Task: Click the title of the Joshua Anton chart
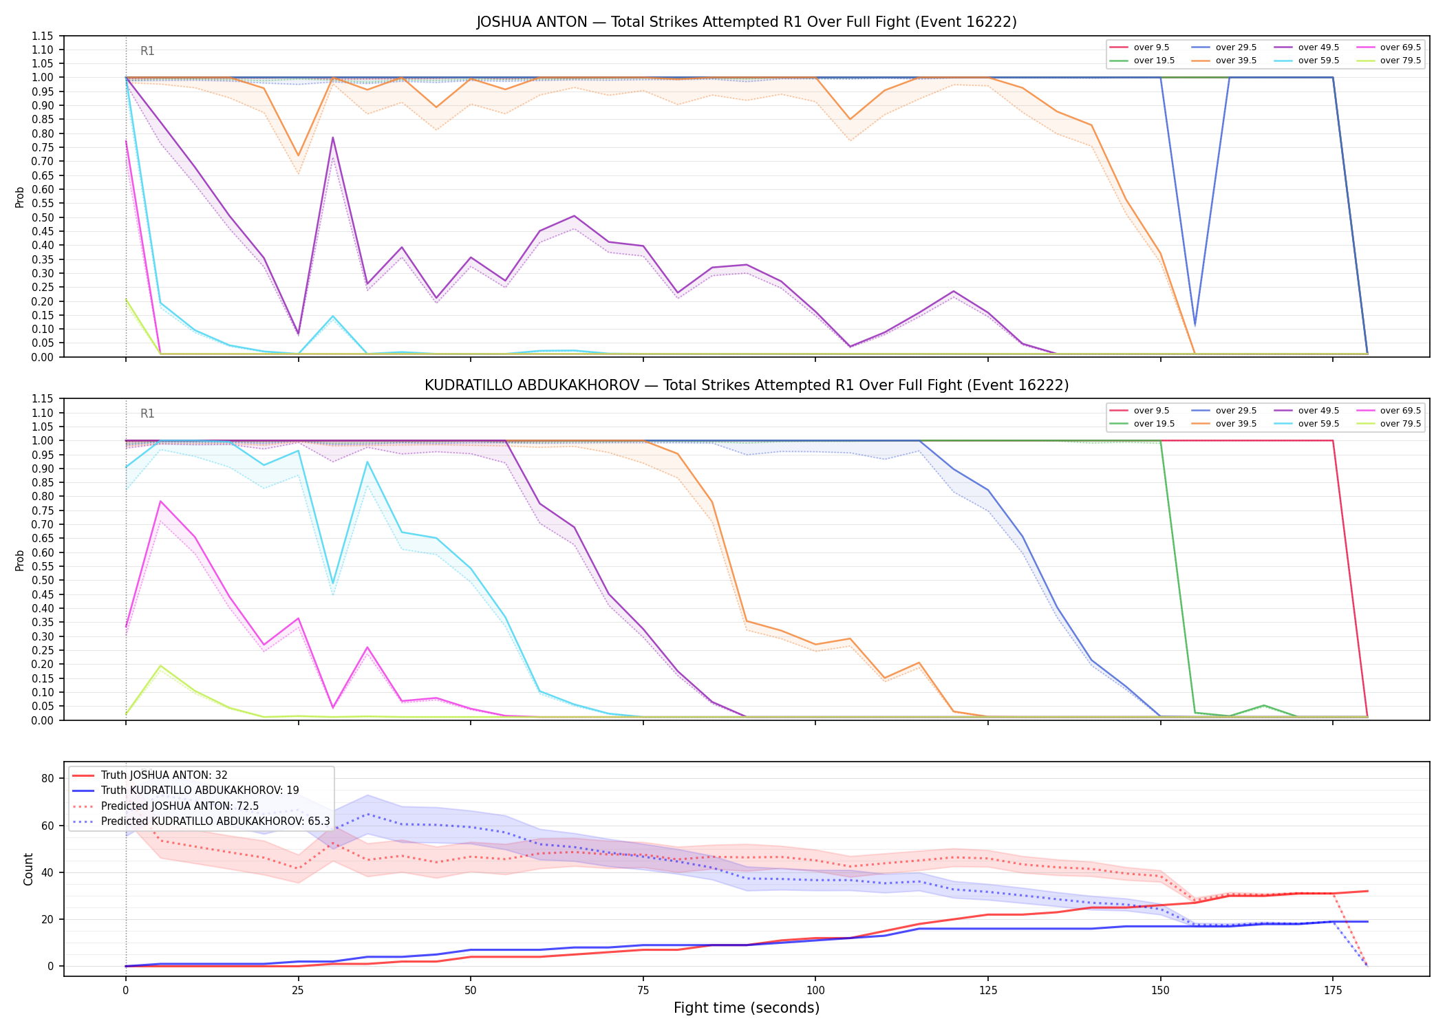pyautogui.click(x=747, y=22)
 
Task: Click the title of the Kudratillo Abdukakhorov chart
pyautogui.click(x=747, y=385)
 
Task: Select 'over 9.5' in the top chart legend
pyautogui.click(x=1151, y=47)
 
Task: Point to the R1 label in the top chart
pyautogui.click(x=147, y=51)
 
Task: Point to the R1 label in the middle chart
pyautogui.click(x=147, y=413)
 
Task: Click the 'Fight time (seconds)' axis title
pyautogui.click(x=747, y=1008)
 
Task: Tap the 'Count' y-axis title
pyautogui.click(x=28, y=869)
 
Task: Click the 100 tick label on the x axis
pyautogui.click(x=815, y=991)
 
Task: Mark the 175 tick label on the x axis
pyautogui.click(x=1333, y=991)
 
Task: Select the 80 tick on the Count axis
pyautogui.click(x=47, y=778)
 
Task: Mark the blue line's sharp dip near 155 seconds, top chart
pyautogui.click(x=1195, y=325)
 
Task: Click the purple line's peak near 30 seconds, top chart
pyautogui.click(x=332, y=138)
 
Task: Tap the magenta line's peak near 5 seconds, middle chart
pyautogui.click(x=160, y=501)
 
